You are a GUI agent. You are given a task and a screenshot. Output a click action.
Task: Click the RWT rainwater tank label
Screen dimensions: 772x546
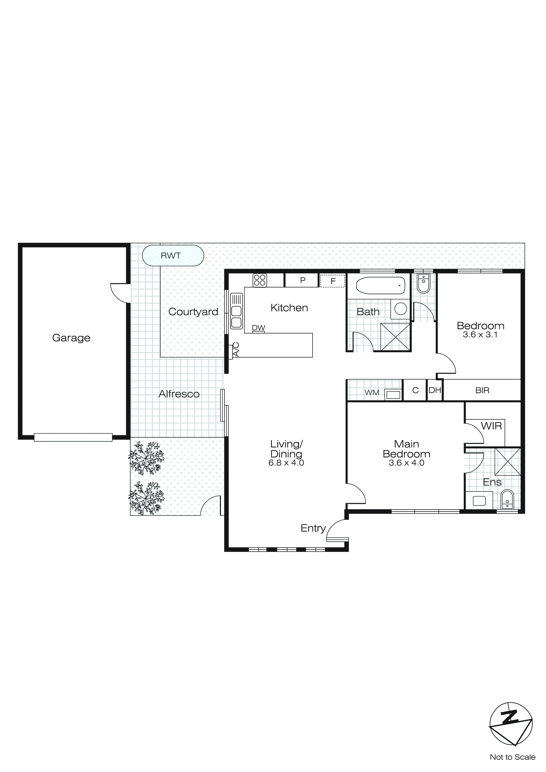(170, 256)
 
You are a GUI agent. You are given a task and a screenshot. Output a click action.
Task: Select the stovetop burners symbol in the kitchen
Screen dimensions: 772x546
(259, 280)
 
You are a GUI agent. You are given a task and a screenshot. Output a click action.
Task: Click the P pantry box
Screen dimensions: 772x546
(303, 280)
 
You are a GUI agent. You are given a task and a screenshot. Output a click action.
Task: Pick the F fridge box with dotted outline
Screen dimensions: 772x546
(333, 281)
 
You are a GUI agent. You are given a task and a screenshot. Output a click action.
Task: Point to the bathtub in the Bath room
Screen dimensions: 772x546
(380, 286)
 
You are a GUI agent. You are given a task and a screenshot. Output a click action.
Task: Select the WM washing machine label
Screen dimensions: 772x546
(372, 392)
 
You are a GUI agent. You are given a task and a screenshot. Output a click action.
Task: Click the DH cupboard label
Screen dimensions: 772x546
(435, 390)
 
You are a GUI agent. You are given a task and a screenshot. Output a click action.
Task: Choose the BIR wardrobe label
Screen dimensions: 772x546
(482, 390)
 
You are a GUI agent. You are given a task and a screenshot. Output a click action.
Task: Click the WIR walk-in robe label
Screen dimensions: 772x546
(491, 426)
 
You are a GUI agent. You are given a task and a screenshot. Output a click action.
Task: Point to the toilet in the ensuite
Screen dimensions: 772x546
(507, 500)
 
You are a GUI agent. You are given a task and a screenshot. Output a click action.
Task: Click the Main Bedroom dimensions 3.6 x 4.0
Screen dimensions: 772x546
(407, 463)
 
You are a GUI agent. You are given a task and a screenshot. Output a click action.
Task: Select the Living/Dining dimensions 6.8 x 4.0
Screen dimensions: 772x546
(286, 463)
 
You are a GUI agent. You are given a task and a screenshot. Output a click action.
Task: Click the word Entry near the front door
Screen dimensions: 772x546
(313, 528)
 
